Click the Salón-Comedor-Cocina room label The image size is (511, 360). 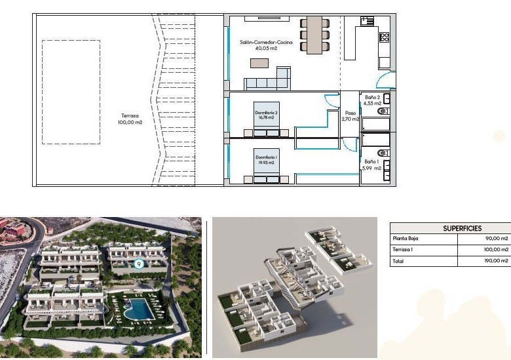click(x=266, y=45)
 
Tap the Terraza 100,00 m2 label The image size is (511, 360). click(x=130, y=119)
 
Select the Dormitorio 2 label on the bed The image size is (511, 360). click(x=266, y=115)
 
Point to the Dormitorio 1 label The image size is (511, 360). click(x=266, y=160)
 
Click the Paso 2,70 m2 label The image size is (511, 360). click(x=350, y=116)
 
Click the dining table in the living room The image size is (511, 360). click(x=314, y=35)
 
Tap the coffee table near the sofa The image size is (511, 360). click(x=259, y=63)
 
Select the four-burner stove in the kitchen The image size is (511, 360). click(x=384, y=37)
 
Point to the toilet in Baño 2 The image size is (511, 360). click(x=383, y=111)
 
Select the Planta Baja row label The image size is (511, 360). click(x=406, y=239)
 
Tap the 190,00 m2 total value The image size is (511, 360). click(x=496, y=261)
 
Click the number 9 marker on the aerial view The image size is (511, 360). click(x=139, y=264)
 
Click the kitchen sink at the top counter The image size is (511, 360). click(x=368, y=21)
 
